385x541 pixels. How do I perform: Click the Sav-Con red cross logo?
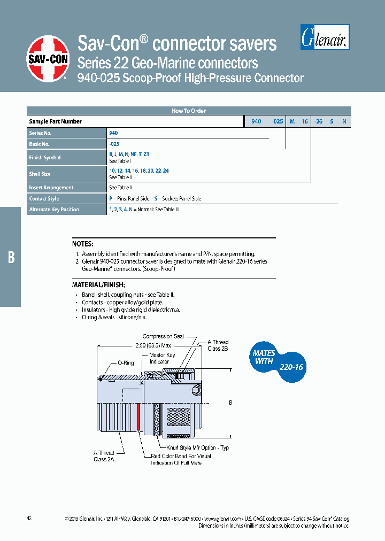point(48,59)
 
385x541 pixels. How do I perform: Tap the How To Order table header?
point(188,111)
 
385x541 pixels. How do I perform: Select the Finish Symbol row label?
point(45,158)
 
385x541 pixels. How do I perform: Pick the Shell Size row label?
point(40,174)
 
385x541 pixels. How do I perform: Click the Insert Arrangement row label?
point(51,188)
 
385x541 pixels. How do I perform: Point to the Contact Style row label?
point(44,198)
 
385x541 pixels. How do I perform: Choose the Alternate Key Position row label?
point(53,210)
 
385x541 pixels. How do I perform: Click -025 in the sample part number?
point(277,122)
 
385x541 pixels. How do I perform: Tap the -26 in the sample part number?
point(318,122)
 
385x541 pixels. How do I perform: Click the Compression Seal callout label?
point(163,336)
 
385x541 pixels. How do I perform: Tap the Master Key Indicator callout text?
point(161,358)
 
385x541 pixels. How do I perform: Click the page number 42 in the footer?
point(29,519)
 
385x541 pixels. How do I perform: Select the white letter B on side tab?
point(11,257)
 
